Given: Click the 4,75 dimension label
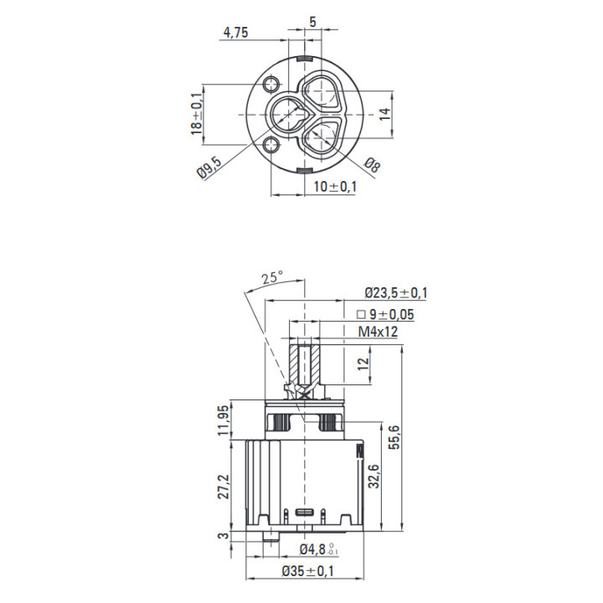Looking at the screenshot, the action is pos(235,33).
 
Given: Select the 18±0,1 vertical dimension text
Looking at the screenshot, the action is pos(197,114).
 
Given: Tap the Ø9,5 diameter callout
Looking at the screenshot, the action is pos(209,168).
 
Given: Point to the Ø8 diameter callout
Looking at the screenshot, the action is pos(372,165).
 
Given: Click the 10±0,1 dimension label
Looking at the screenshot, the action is pos(335,187).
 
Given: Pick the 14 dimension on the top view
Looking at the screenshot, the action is pos(384,114).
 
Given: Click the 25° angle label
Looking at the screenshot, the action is pos(272,277).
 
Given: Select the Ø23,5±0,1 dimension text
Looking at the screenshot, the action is pos(396,293).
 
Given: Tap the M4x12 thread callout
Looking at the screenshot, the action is pos(378,332).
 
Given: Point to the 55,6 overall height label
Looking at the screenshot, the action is pos(394,437).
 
